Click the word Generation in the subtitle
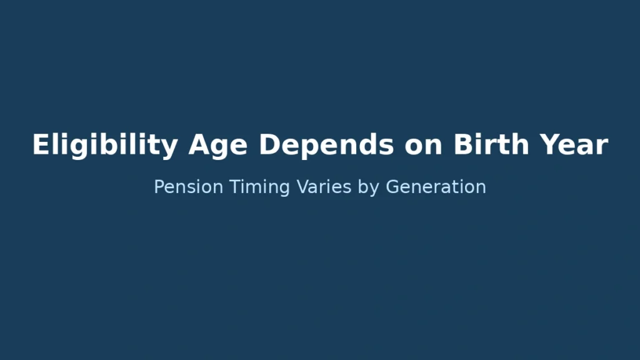(436, 187)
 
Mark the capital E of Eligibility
(40, 145)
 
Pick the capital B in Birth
(462, 145)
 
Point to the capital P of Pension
(159, 187)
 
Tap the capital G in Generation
(392, 187)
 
